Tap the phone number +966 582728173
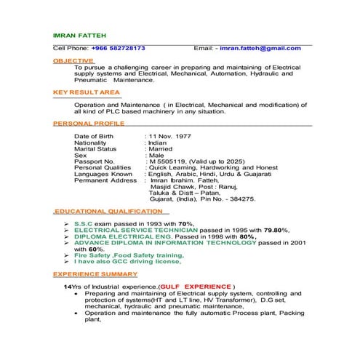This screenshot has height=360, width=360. tap(118, 48)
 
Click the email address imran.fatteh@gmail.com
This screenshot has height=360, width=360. tap(260, 48)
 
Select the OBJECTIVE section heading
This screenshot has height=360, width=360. tap(73, 60)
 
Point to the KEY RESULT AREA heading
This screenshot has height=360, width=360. tap(85, 93)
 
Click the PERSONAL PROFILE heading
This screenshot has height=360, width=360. tap(89, 124)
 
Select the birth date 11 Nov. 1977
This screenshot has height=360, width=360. tap(170, 137)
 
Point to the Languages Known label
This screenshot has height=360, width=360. tap(103, 175)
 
